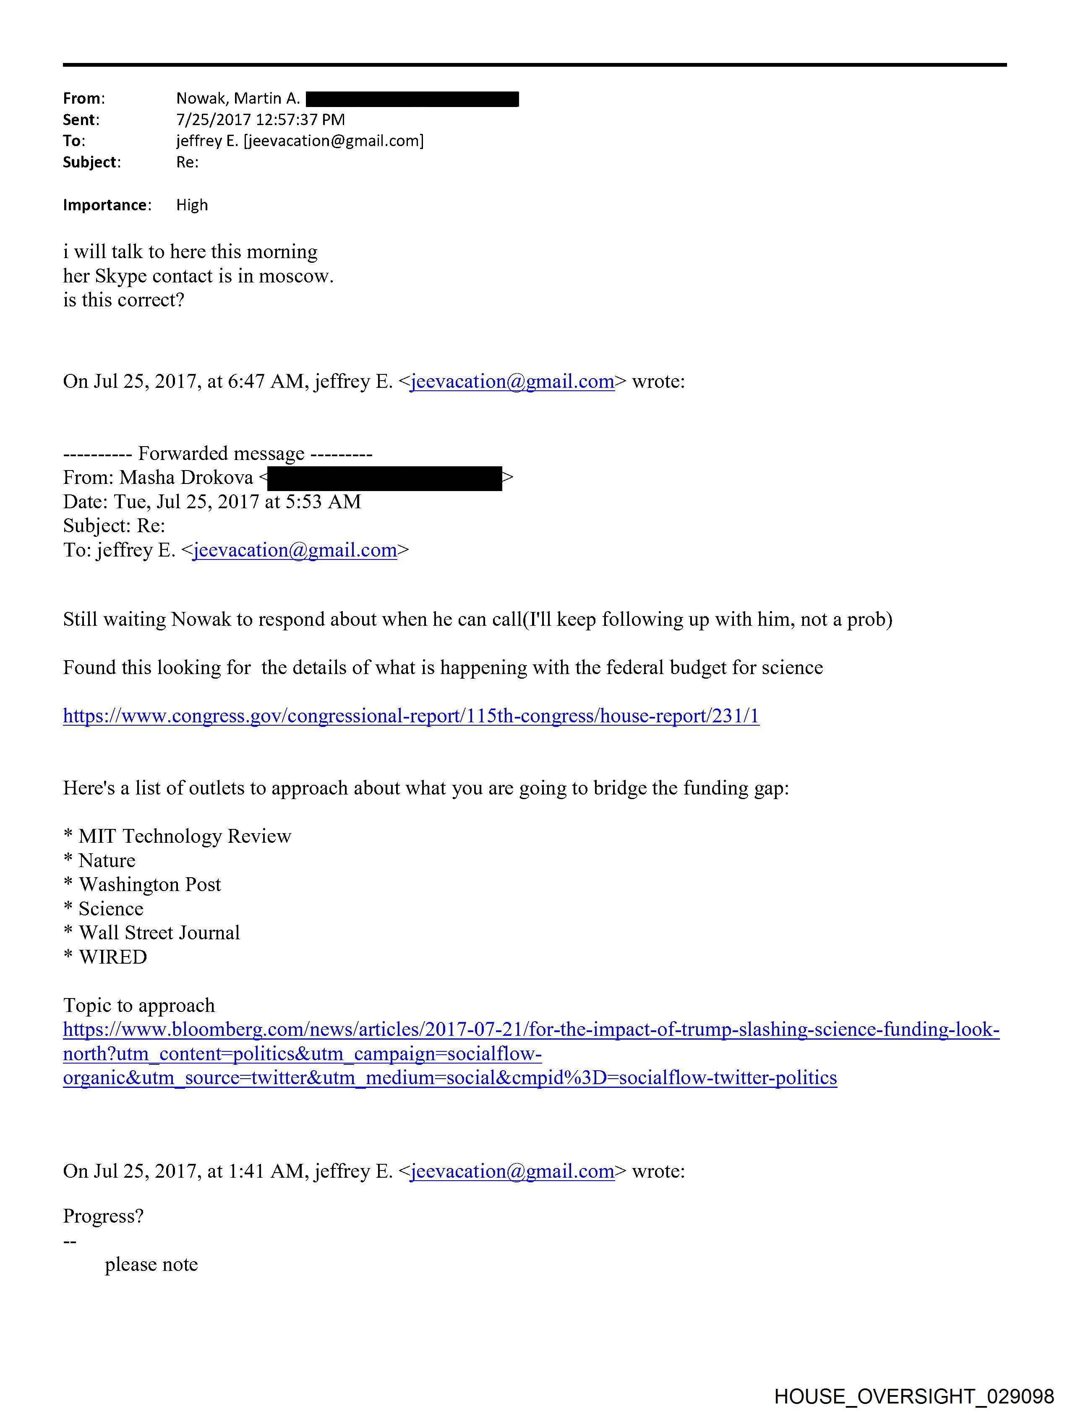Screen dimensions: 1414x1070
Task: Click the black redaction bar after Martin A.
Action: pos(412,99)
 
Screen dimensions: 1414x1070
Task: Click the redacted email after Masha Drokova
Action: pos(384,478)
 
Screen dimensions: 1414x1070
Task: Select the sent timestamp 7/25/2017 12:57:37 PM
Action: pos(260,120)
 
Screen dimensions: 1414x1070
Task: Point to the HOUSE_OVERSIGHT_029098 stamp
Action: pos(913,1396)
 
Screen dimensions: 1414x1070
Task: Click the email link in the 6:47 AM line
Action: pos(512,382)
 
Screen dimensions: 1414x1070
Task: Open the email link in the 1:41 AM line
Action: pos(512,1171)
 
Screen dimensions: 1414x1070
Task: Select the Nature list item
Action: pos(106,860)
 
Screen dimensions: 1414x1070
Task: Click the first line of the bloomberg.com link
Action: pos(530,1030)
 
